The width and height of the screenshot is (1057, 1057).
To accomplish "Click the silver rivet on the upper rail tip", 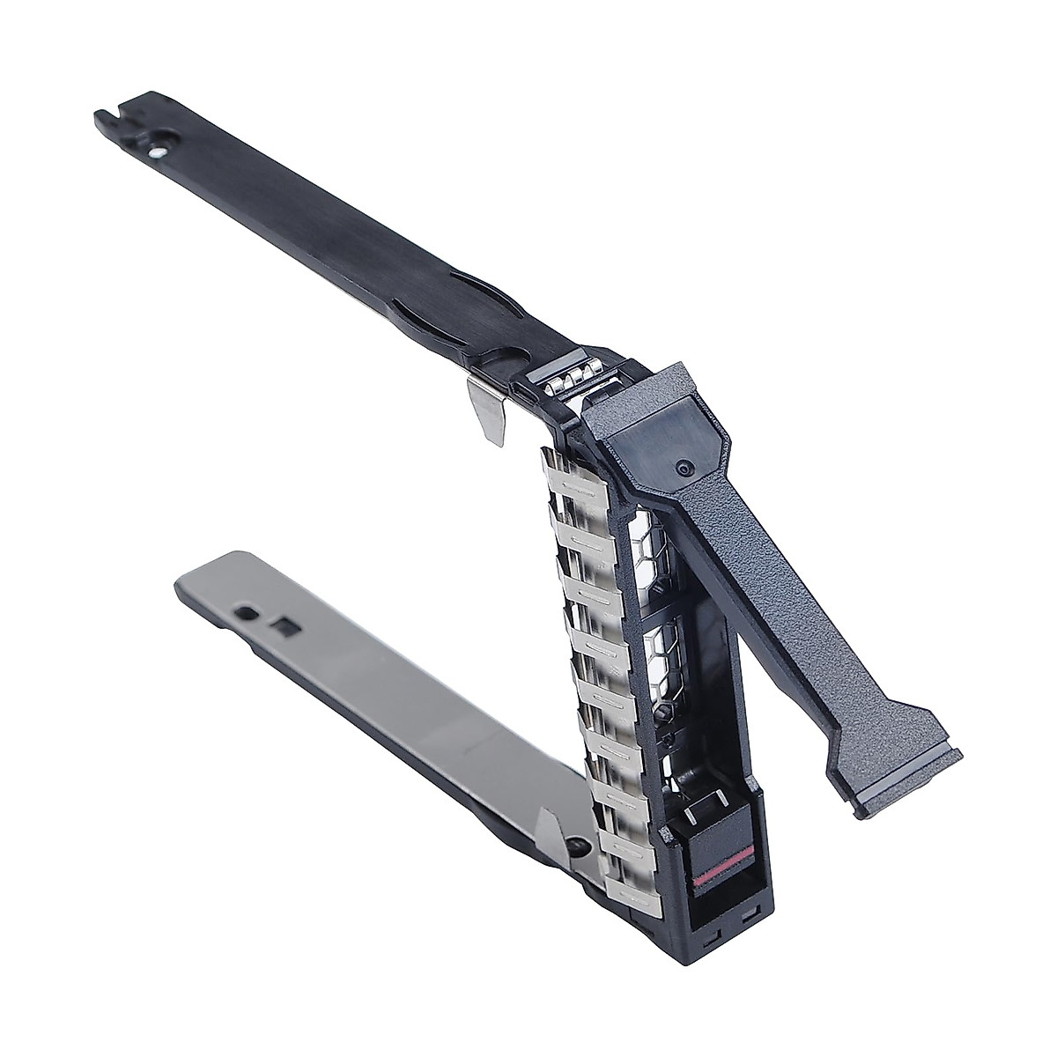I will [x=156, y=151].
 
